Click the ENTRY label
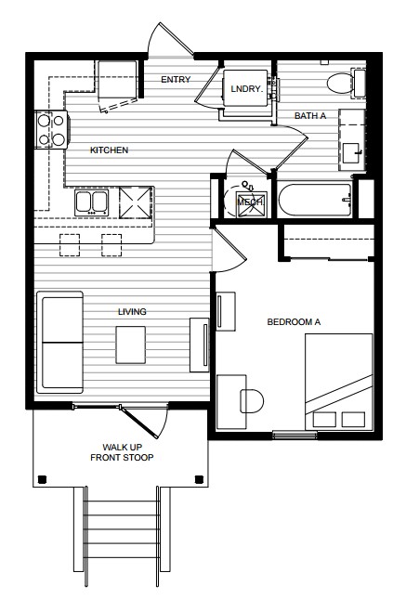tap(176, 80)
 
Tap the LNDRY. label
tap(247, 89)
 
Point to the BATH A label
tap(310, 115)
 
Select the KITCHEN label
tap(109, 150)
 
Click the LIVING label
tap(132, 312)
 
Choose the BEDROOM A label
tap(294, 322)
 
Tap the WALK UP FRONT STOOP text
tap(122, 452)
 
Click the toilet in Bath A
tap(346, 83)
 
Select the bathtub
tap(315, 200)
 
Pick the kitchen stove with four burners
tap(52, 130)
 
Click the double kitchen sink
tap(91, 202)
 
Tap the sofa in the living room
tap(60, 343)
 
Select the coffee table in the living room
tap(131, 345)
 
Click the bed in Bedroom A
tap(339, 382)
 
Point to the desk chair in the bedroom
tap(252, 401)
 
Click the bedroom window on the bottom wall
tap(295, 435)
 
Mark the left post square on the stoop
tap(42, 479)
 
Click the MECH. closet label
tap(251, 202)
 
